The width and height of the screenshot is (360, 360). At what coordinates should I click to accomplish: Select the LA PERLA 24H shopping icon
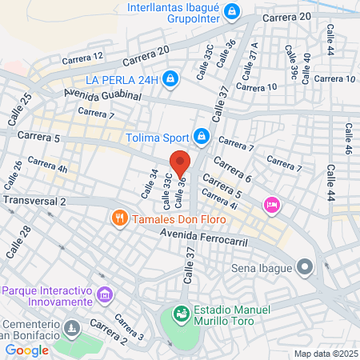click(170, 78)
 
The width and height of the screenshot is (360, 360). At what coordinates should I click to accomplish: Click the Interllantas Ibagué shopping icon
click(232, 12)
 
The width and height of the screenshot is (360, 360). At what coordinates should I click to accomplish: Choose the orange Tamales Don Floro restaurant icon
click(120, 217)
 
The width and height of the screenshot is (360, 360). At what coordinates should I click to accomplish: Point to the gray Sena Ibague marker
click(305, 266)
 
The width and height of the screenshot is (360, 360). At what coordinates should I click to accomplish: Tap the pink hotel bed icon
click(272, 205)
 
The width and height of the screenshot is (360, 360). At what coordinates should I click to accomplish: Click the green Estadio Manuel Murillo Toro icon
click(182, 314)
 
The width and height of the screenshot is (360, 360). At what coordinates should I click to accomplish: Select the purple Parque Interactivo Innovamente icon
click(103, 296)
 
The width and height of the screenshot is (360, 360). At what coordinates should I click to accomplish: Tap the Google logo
click(26, 350)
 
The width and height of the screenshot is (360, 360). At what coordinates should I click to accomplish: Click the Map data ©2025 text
click(324, 354)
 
